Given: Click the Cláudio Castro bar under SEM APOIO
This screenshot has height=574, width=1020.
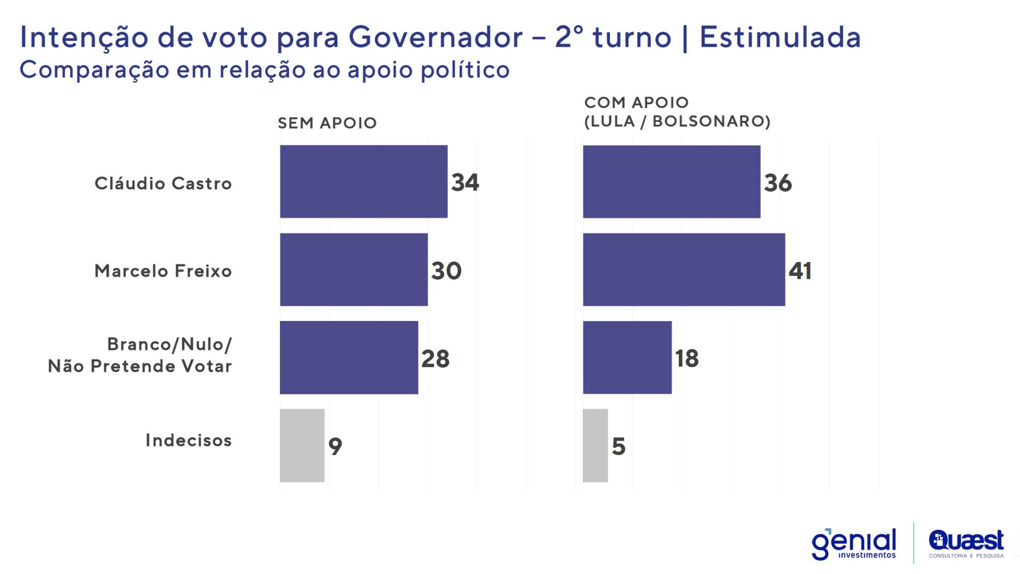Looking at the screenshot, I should (363, 181).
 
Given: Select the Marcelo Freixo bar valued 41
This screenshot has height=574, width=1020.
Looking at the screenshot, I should (684, 269).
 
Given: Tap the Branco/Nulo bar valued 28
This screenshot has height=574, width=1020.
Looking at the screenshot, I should (348, 357).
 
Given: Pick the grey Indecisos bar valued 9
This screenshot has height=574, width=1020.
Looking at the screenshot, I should (302, 445).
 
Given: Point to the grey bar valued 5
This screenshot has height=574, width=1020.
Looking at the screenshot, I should (595, 445).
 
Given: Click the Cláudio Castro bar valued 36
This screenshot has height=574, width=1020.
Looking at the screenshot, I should (671, 181).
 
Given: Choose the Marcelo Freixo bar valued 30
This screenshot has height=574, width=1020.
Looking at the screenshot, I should (353, 269).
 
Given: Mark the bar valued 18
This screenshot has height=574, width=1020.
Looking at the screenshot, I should (627, 357).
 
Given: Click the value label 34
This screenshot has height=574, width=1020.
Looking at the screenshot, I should (465, 182).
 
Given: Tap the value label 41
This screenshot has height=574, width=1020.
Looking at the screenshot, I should (800, 271).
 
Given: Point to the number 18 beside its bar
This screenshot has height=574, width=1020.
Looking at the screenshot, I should (686, 358).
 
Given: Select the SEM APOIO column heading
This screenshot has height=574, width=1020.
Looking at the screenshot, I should (327, 123).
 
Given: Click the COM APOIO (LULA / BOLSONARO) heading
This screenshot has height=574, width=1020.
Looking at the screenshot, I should (677, 112).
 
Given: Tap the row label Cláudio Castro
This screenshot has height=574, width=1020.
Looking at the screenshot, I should (163, 183).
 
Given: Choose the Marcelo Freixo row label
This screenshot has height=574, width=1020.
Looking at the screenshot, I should (163, 271).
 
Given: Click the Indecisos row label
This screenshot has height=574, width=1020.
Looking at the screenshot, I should (189, 440).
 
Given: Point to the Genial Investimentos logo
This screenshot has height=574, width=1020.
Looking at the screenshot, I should (854, 544).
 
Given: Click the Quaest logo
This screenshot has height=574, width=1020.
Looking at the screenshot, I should (966, 544).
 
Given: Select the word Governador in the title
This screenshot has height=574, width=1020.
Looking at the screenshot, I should (436, 37).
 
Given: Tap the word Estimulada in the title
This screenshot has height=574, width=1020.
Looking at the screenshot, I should (780, 37).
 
